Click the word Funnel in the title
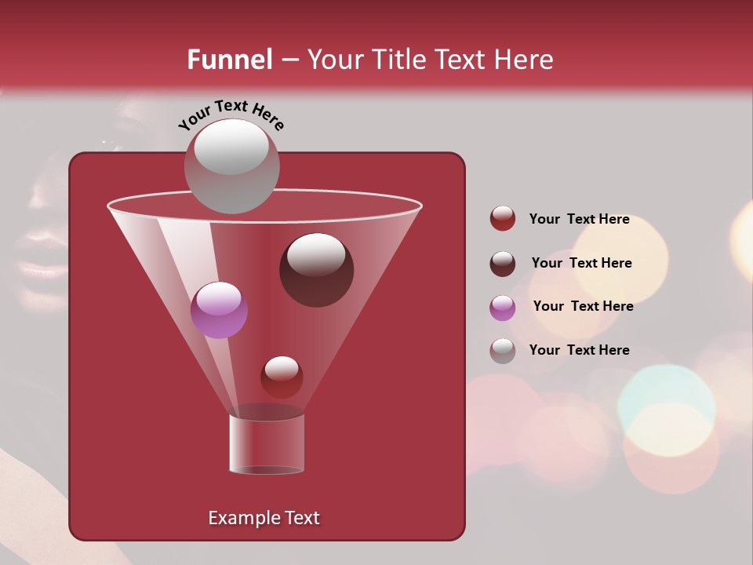click(229, 60)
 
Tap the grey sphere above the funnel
click(231, 166)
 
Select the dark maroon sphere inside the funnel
click(316, 270)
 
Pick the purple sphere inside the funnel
click(219, 310)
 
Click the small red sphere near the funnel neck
click(282, 377)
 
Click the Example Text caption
click(264, 518)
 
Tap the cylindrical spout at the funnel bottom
click(267, 443)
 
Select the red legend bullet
click(503, 219)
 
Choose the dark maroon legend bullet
click(503, 264)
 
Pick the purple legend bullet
click(503, 307)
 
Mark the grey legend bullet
click(503, 351)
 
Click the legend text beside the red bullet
click(579, 219)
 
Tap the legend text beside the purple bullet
click(583, 306)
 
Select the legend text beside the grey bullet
click(579, 350)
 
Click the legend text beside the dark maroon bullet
click(581, 263)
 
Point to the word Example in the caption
click(238, 518)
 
